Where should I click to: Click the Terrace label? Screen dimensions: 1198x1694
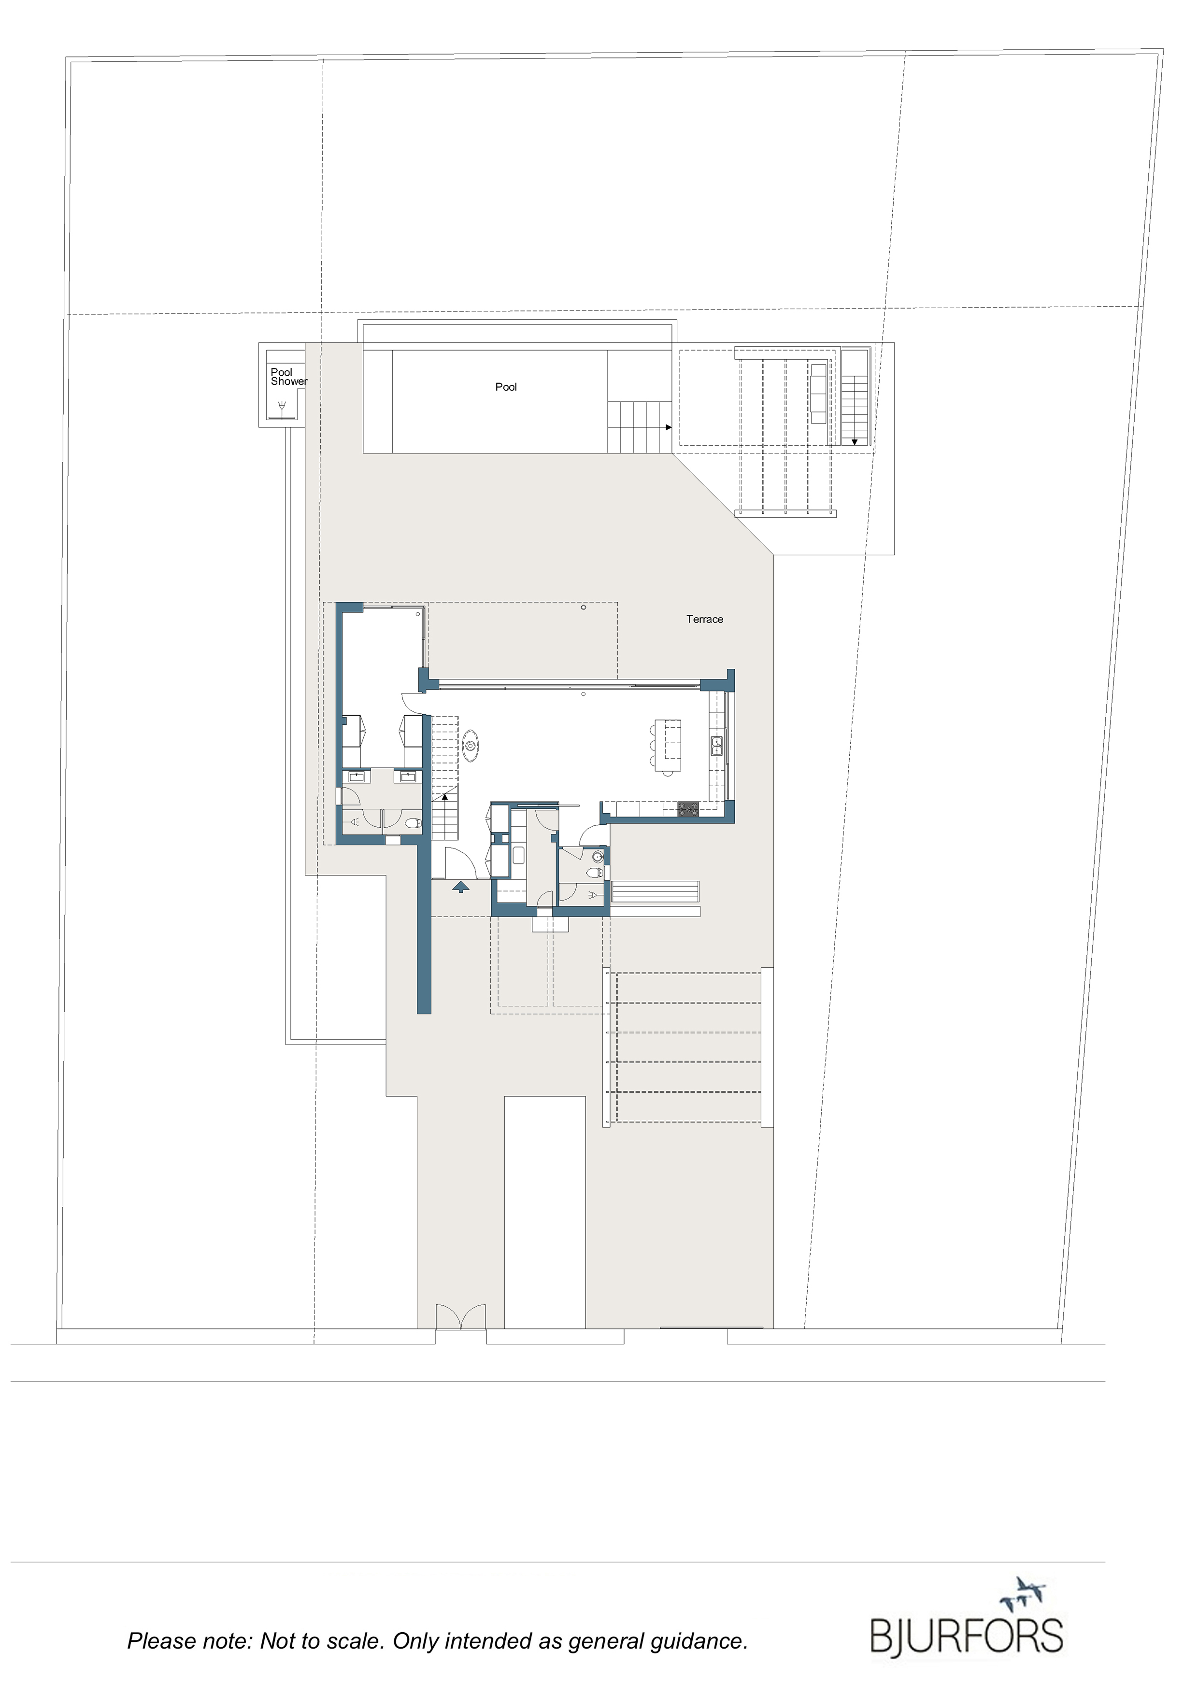[704, 619]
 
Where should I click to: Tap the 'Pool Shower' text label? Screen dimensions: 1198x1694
[288, 377]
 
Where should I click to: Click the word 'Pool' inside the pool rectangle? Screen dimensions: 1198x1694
[506, 387]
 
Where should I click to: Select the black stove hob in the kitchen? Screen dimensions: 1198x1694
[687, 809]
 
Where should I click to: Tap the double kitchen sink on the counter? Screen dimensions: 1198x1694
[715, 746]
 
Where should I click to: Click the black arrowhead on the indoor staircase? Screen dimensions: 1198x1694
[444, 796]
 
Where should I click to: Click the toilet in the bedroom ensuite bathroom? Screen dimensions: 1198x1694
[414, 823]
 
